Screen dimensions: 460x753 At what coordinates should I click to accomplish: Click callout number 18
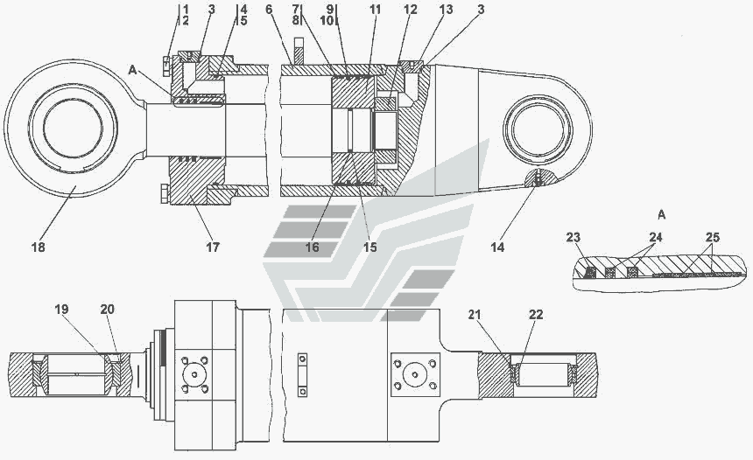39,247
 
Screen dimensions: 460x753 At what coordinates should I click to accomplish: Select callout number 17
213,247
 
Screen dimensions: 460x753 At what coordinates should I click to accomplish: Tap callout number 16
313,247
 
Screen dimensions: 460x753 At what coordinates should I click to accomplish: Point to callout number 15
370,247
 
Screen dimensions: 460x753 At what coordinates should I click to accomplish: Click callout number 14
497,247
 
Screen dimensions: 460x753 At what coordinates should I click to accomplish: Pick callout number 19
60,309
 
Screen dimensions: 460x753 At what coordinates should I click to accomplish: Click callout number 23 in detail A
574,236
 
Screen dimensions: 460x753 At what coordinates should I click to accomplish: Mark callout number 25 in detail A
712,236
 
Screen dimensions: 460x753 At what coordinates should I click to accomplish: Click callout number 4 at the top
243,9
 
